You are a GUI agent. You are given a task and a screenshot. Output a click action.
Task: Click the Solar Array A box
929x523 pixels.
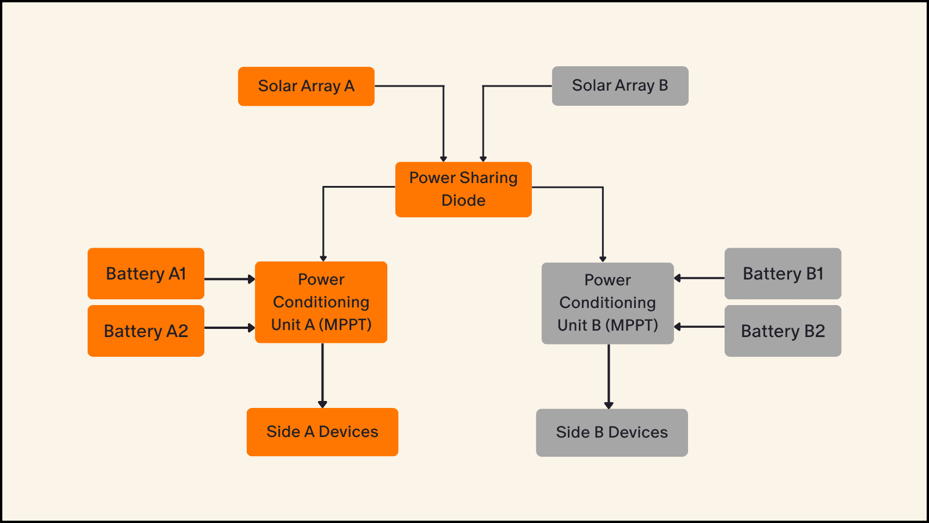point(306,87)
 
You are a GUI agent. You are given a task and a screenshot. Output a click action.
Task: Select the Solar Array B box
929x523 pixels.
point(620,86)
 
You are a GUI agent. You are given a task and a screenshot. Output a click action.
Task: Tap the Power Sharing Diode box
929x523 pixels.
point(463,189)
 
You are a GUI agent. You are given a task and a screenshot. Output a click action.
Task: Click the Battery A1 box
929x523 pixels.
point(146,274)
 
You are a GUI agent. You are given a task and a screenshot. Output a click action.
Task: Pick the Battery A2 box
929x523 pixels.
point(146,331)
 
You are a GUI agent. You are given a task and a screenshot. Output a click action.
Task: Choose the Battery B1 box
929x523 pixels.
point(783,274)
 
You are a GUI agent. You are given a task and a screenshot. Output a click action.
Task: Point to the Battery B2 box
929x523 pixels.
point(783,331)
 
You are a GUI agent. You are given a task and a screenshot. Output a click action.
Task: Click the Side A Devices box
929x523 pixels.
point(322,432)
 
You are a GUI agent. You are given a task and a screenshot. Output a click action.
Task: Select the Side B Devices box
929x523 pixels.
point(612,432)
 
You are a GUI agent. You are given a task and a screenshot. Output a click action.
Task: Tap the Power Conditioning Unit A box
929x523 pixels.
point(321,302)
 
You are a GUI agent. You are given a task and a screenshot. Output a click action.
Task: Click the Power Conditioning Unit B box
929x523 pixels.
point(607,303)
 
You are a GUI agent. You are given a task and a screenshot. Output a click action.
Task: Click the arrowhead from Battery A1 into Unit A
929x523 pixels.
point(251,279)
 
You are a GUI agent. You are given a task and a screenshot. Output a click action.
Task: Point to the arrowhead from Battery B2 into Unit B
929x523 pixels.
point(678,327)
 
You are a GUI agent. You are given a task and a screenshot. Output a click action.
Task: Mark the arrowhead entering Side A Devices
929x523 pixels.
point(323,404)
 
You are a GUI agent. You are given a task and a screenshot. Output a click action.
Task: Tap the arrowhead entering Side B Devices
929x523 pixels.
point(609,405)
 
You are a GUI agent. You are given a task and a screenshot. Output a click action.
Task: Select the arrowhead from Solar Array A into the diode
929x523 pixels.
point(444,159)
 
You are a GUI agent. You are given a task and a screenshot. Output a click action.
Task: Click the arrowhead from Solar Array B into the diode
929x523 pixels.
point(483,159)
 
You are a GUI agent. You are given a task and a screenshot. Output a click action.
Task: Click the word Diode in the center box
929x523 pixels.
point(463,200)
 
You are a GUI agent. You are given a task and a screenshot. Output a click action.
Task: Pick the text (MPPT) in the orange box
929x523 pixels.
point(348,325)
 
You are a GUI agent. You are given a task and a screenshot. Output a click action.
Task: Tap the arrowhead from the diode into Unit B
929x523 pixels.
point(603,259)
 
